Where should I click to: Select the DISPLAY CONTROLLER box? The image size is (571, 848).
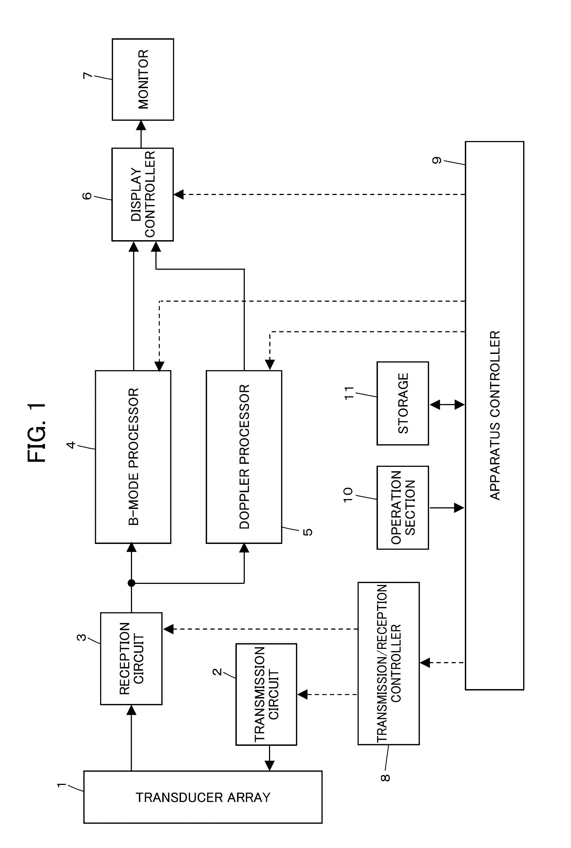[x=142, y=194]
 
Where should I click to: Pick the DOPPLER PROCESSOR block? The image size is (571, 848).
[x=244, y=457]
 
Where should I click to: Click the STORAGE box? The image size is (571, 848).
[x=403, y=403]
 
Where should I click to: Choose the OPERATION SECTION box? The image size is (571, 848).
[x=403, y=508]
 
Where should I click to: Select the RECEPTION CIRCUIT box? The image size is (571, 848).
[x=131, y=659]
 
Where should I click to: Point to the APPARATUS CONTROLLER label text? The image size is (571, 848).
[x=495, y=415]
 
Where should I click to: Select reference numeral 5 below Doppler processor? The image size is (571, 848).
[x=308, y=532]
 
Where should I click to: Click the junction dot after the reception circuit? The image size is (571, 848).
[x=131, y=583]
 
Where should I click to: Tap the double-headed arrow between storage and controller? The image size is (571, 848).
[x=447, y=404]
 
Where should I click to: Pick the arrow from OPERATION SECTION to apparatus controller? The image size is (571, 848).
[x=447, y=508]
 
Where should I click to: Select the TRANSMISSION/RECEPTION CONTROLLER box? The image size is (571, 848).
[x=389, y=663]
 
